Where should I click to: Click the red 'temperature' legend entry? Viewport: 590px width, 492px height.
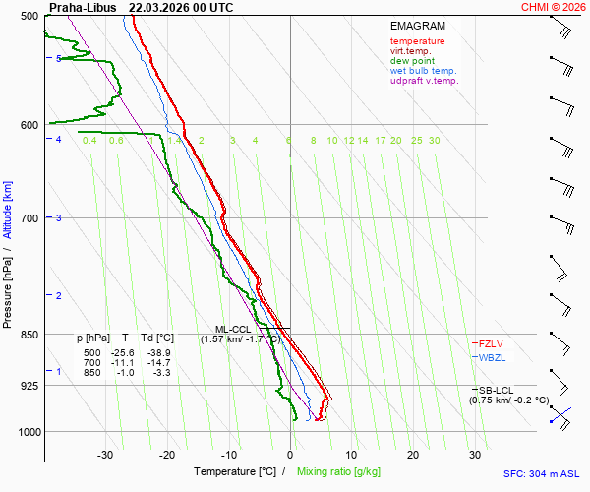pyautogui.click(x=417, y=41)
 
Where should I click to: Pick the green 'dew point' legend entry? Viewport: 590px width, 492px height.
pyautogui.click(x=412, y=61)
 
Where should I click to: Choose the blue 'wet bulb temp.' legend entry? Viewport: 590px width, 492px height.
pyautogui.click(x=423, y=71)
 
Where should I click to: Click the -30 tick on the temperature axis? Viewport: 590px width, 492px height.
pyautogui.click(x=106, y=455)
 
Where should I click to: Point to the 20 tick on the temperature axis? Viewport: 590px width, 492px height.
pyautogui.click(x=413, y=455)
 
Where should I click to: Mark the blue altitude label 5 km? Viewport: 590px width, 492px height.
pyautogui.click(x=59, y=59)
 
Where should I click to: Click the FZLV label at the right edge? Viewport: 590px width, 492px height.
pyautogui.click(x=491, y=343)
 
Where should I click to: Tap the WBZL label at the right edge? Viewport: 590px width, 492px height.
pyautogui.click(x=491, y=358)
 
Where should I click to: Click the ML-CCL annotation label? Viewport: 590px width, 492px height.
pyautogui.click(x=235, y=329)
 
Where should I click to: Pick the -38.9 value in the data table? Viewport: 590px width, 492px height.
pyautogui.click(x=158, y=352)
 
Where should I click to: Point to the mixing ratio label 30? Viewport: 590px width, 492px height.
pyautogui.click(x=434, y=141)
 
